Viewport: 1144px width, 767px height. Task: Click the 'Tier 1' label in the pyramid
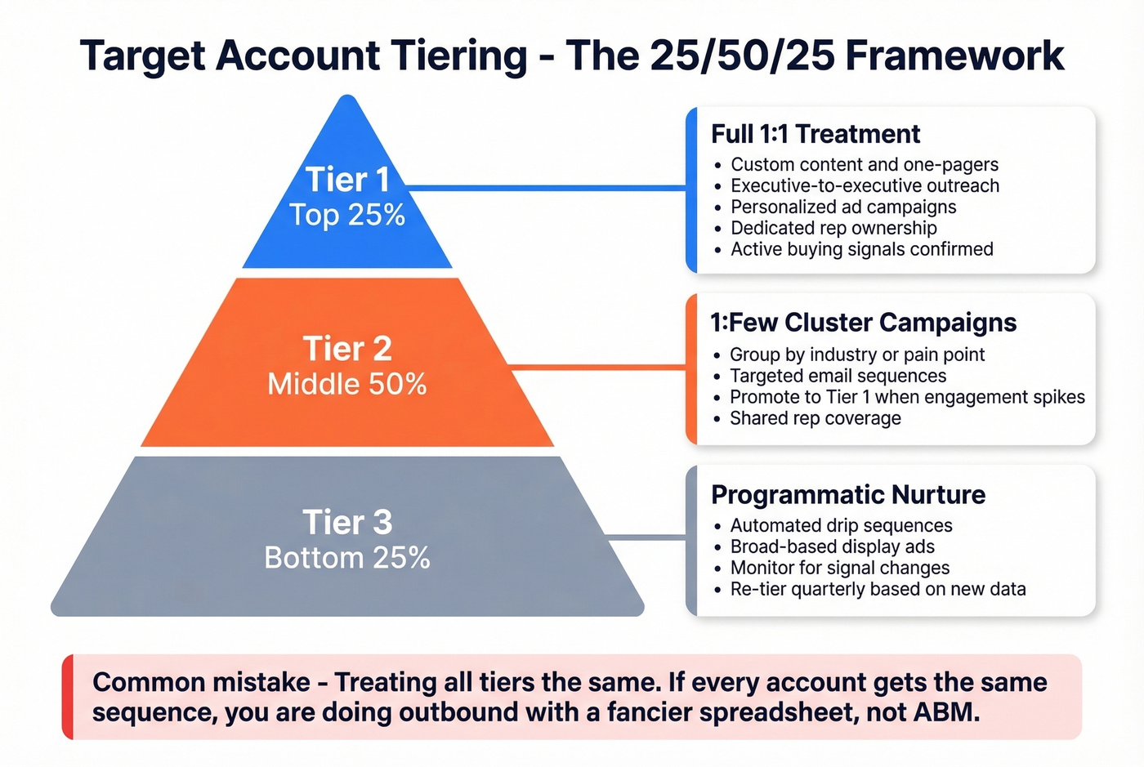pos(347,180)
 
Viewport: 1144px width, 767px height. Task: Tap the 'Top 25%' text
pos(347,215)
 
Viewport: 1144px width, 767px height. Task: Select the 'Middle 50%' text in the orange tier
pos(347,384)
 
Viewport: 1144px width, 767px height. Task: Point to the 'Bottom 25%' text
pos(347,558)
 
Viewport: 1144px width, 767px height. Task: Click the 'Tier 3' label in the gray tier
pos(347,522)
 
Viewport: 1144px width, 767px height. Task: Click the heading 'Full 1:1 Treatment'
pos(816,134)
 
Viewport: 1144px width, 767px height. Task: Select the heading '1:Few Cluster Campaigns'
pos(863,323)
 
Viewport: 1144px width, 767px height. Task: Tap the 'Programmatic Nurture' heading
pos(848,495)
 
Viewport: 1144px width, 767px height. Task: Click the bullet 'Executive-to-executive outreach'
pos(865,185)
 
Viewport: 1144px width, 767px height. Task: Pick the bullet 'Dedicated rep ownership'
pos(833,228)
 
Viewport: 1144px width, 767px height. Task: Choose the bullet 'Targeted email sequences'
pos(838,376)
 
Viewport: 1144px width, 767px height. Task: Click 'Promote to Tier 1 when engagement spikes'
pos(907,397)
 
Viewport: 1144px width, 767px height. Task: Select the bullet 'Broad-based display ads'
pos(832,546)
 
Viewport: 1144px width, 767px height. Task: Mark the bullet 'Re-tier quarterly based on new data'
pos(878,589)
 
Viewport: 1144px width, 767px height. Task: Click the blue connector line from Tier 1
pos(546,188)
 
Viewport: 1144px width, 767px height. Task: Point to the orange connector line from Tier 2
pos(597,367)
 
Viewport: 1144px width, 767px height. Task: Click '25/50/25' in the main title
pos(743,56)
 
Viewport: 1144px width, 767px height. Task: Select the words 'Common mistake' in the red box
pos(201,682)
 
